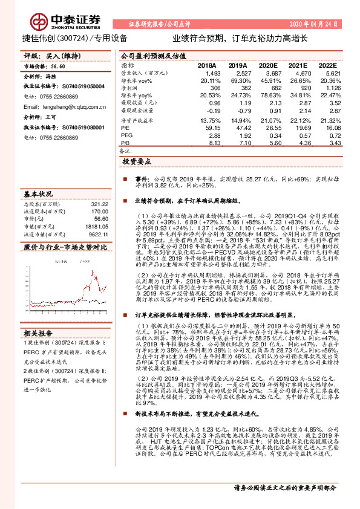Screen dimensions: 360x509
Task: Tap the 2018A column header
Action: pos(207,65)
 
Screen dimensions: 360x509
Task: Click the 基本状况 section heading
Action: pos(38,195)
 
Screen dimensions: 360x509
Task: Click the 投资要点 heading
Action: pos(136,163)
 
